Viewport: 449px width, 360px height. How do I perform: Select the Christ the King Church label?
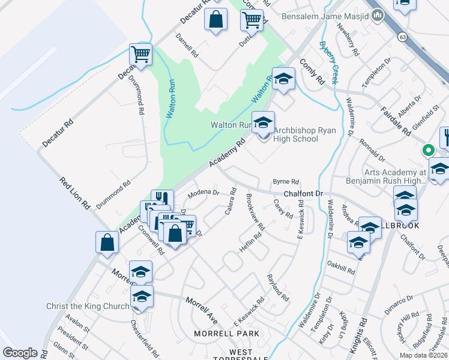[88, 306]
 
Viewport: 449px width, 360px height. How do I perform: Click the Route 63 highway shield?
[402, 37]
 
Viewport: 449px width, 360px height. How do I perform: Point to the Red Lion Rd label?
[75, 193]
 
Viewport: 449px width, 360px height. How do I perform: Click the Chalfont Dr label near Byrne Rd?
[303, 194]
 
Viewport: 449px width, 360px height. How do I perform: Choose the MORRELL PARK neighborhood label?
[227, 334]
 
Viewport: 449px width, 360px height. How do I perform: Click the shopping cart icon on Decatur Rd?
[140, 54]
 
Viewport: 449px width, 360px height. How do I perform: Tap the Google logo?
[20, 353]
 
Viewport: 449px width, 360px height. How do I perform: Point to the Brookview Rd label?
[255, 213]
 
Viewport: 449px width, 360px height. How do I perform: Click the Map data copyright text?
[422, 355]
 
